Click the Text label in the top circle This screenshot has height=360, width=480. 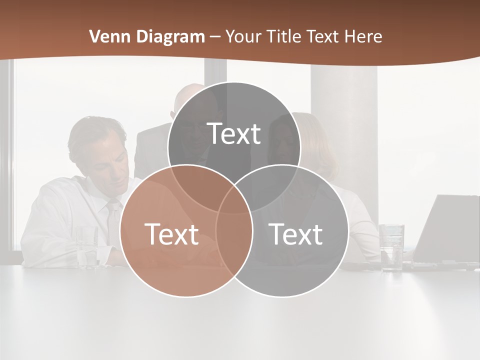pyautogui.click(x=234, y=133)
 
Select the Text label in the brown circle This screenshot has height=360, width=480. pyautogui.click(x=171, y=234)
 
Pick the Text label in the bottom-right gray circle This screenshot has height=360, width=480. pyautogui.click(x=295, y=234)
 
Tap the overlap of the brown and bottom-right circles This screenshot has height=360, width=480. pyautogui.click(x=234, y=240)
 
